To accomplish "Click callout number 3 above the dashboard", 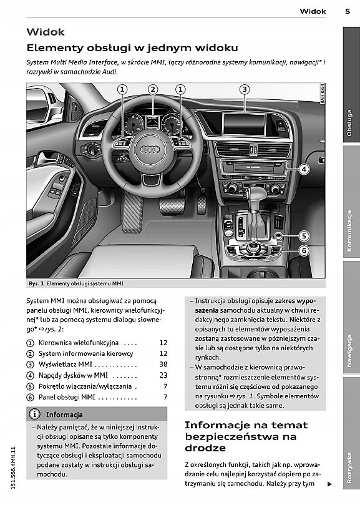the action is click(245, 89).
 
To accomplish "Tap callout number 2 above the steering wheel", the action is click(153, 89).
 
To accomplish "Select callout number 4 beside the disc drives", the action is click(304, 169).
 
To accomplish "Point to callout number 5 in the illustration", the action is click(304, 236).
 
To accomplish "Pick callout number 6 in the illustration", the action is click(304, 250).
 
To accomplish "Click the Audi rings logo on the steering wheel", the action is click(150, 149).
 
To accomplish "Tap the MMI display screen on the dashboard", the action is click(243, 124).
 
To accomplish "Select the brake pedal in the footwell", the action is click(172, 207).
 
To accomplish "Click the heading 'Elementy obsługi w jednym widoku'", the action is click(132, 48).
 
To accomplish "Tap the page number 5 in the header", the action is click(348, 11).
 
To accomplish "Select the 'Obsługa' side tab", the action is click(349, 123).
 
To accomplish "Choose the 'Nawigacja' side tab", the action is click(349, 351).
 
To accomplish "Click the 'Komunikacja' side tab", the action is click(349, 231).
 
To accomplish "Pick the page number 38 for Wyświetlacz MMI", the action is click(163, 365).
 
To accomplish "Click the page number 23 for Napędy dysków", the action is click(163, 375).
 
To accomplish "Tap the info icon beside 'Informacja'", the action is click(34, 414).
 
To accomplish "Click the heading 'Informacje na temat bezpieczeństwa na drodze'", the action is click(246, 436).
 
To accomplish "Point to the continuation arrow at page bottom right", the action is click(329, 484).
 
